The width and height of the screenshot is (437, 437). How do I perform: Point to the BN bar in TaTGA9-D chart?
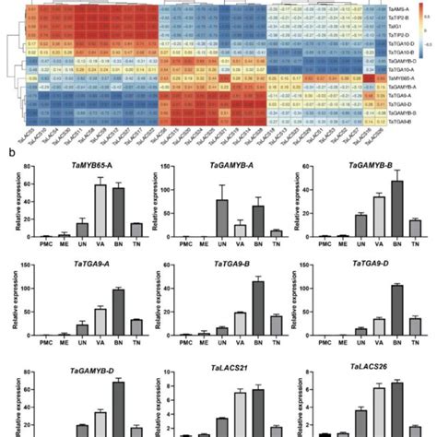pyautogui.click(x=398, y=309)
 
